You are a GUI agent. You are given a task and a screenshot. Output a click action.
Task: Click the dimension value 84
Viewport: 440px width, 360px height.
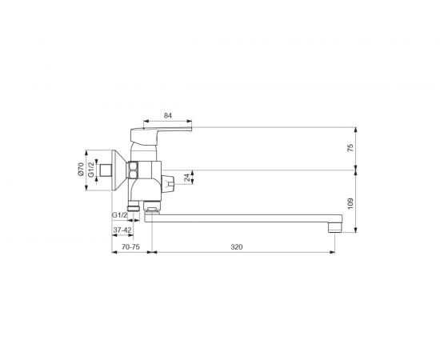(168, 115)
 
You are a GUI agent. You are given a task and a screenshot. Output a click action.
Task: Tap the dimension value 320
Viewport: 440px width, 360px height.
(237, 247)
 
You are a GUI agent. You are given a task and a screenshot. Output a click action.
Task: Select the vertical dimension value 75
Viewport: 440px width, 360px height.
(350, 147)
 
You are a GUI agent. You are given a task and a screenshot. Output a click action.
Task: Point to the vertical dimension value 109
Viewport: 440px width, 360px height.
(350, 203)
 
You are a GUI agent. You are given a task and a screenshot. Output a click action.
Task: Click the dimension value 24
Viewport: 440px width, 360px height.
(187, 177)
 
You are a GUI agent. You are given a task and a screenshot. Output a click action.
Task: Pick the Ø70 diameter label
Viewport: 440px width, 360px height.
(81, 169)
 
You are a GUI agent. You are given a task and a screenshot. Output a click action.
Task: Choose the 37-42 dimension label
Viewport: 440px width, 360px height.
(122, 230)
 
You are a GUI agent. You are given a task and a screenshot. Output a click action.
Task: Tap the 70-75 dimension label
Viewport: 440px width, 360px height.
(130, 247)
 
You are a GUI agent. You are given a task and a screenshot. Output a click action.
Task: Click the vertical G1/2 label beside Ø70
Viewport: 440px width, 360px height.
(90, 170)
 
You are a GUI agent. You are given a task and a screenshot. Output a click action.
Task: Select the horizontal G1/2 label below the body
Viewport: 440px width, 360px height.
(120, 215)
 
